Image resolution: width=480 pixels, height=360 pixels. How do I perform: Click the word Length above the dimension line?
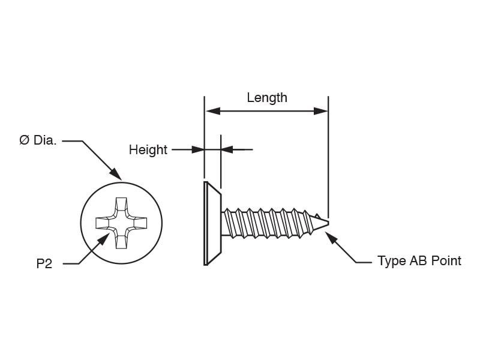click(267, 98)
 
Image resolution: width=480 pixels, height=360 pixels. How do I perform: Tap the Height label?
click(148, 150)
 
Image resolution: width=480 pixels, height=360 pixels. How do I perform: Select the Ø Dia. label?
click(38, 140)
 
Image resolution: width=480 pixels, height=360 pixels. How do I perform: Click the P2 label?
click(44, 263)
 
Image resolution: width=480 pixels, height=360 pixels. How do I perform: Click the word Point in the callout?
click(446, 261)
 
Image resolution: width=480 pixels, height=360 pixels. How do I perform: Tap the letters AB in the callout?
click(418, 261)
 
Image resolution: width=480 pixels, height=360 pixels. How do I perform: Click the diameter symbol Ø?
click(24, 140)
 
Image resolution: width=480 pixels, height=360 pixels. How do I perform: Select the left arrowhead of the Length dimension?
click(213, 111)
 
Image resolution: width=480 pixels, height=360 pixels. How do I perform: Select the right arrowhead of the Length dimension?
click(320, 111)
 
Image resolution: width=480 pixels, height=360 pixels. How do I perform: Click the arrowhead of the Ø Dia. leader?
click(116, 174)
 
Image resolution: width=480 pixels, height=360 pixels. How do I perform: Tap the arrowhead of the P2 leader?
click(103, 239)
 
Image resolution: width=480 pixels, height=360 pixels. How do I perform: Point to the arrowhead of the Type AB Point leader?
click(331, 238)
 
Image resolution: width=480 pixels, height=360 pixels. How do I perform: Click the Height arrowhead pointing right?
click(197, 149)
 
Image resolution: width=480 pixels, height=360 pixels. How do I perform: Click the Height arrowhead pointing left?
click(227, 149)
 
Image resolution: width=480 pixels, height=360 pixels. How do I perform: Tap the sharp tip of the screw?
click(328, 223)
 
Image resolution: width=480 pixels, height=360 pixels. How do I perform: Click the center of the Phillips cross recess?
click(122, 223)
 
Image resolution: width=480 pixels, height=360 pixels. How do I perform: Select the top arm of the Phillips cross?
click(122, 204)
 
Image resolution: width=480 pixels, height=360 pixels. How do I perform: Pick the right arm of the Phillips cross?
click(140, 223)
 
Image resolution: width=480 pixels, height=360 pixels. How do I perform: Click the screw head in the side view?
click(212, 223)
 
